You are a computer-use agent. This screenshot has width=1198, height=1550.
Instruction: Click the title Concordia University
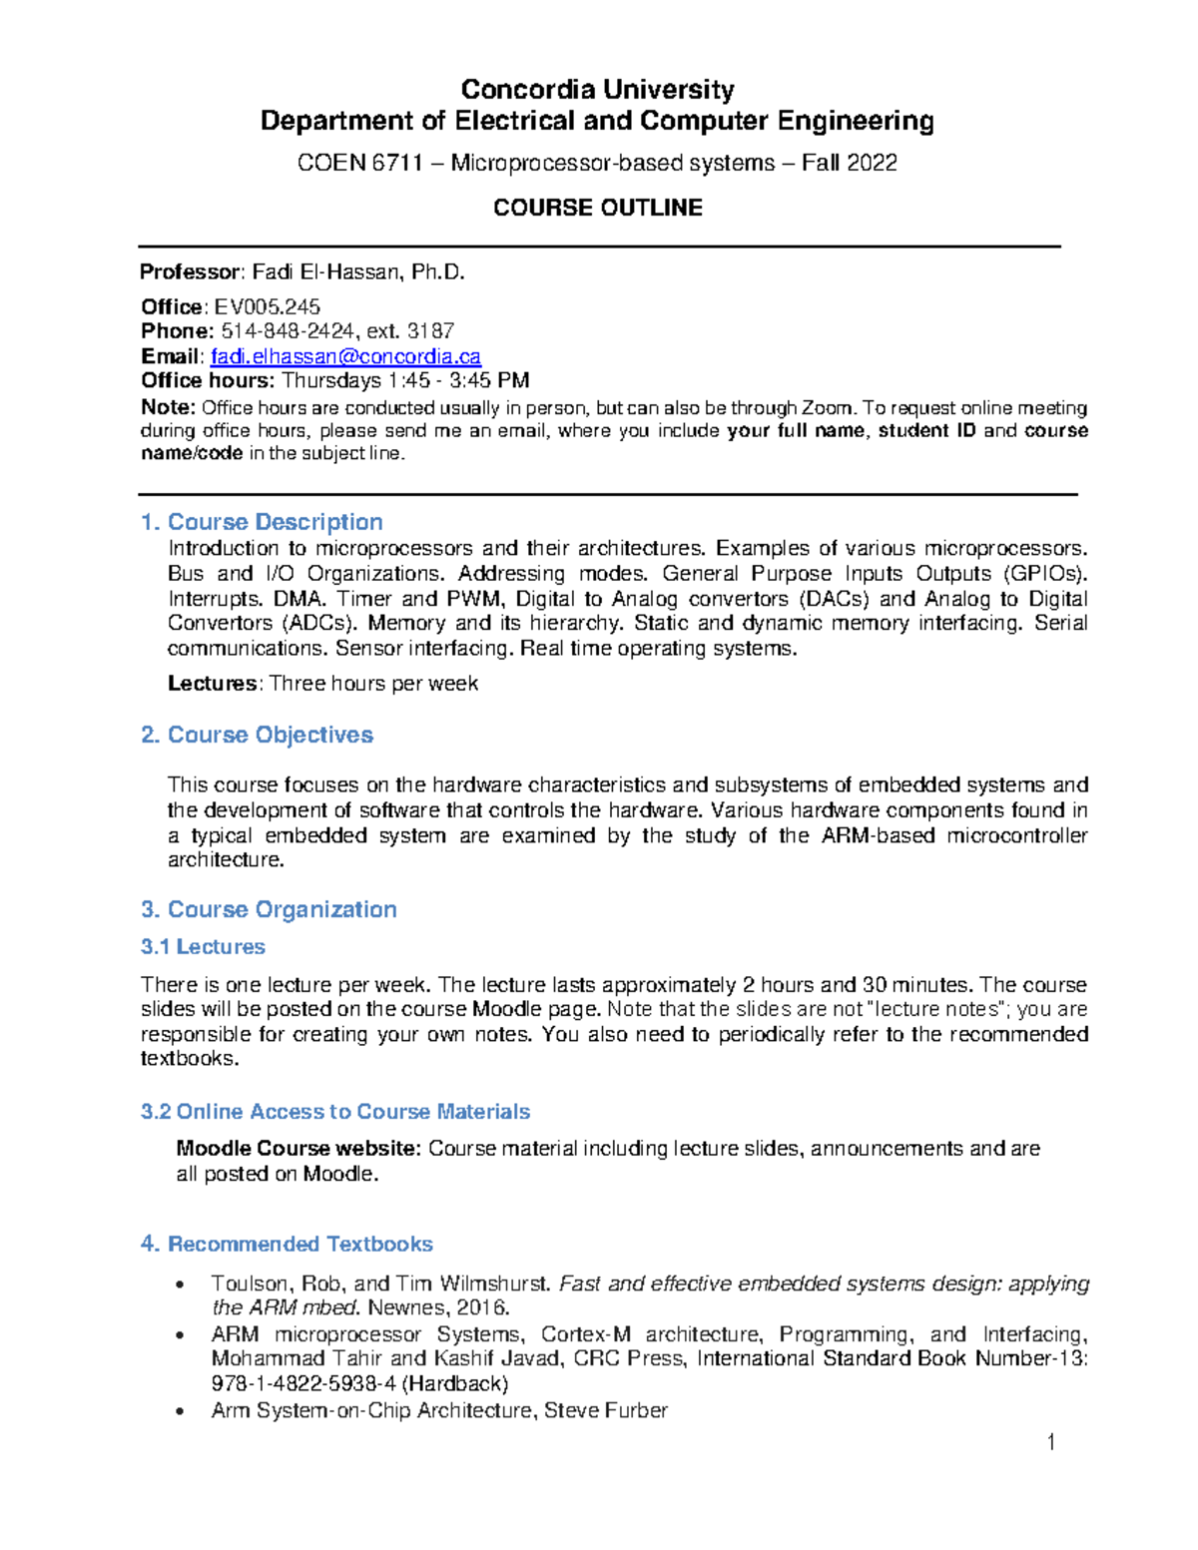(597, 90)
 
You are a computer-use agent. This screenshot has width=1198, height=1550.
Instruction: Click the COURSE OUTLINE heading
(597, 208)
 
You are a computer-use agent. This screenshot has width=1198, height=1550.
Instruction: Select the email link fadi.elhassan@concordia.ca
(345, 356)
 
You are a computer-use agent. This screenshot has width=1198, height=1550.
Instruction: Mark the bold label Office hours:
(207, 380)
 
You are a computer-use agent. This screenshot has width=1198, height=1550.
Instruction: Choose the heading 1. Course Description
(262, 522)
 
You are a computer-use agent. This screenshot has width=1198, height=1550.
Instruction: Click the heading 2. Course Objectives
(257, 735)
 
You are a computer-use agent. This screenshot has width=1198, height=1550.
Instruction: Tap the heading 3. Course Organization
(269, 909)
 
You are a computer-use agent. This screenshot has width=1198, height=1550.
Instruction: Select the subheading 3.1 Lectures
(203, 946)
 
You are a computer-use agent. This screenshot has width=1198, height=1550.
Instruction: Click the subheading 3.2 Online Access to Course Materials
(334, 1111)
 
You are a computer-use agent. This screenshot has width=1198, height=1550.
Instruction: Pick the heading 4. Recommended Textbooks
(287, 1244)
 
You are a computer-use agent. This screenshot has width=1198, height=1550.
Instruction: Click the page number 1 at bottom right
(1050, 1441)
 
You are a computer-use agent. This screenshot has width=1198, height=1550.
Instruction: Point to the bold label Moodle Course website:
(299, 1149)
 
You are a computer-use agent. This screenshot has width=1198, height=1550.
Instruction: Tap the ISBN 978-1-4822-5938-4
(303, 1383)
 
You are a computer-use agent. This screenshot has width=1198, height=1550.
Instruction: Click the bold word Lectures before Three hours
(213, 684)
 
